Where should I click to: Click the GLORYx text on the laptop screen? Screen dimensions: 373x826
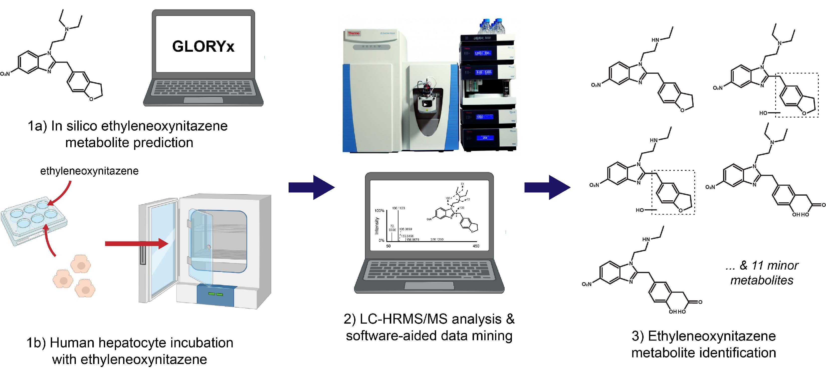point(203,46)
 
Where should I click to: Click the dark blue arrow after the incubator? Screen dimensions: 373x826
point(311,187)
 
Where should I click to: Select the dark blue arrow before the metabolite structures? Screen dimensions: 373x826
point(547,187)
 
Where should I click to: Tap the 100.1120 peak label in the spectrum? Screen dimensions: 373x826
point(398,208)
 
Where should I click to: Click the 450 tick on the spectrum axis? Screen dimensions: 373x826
point(476,246)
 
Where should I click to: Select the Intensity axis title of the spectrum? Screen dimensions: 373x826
point(377,226)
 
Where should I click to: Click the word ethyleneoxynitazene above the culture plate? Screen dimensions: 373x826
point(89,171)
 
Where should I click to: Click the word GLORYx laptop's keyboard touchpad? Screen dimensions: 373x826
point(203,100)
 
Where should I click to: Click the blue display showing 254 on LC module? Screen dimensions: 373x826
point(485,138)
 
